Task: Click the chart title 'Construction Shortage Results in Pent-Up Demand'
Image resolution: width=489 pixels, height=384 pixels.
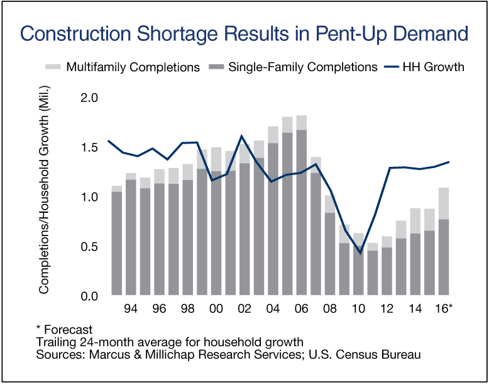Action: coord(244,33)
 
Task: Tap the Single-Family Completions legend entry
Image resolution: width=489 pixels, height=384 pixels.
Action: coord(295,67)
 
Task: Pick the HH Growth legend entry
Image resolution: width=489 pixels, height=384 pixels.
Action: coord(425,67)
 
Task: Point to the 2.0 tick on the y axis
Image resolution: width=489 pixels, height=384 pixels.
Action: coord(91,98)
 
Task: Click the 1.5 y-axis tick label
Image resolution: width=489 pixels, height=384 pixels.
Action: coord(91,148)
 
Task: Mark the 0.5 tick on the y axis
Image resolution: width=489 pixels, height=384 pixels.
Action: coord(91,247)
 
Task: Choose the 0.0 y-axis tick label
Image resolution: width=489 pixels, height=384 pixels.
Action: coord(91,296)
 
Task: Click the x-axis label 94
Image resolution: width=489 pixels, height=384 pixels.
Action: coord(131,310)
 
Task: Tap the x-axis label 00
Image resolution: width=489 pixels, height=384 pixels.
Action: coord(216,310)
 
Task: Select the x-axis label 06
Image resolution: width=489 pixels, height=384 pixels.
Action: coord(301,310)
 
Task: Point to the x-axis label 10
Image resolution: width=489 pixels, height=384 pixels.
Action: coord(358,310)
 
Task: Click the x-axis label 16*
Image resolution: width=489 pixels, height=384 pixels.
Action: coord(444,310)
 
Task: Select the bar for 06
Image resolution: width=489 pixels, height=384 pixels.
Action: coord(301,208)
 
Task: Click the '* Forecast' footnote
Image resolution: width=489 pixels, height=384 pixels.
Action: coord(65,329)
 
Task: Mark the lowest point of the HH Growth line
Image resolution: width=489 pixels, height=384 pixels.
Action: coord(360,253)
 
